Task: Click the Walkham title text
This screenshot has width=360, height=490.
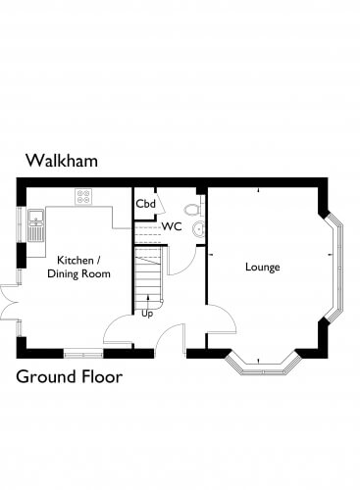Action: tap(62, 161)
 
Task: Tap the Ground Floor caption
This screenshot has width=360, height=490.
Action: tap(70, 376)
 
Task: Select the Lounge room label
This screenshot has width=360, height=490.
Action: tap(263, 267)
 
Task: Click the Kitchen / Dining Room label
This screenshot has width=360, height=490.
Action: tap(78, 267)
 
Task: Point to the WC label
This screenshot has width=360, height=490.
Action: tap(172, 226)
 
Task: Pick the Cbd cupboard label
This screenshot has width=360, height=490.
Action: tap(145, 204)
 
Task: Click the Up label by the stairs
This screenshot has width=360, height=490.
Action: tap(147, 314)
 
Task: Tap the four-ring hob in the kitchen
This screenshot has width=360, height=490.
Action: tap(83, 197)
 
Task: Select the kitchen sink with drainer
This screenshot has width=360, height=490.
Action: tap(35, 225)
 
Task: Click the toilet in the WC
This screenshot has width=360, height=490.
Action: tap(192, 210)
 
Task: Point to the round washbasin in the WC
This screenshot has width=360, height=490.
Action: tap(198, 229)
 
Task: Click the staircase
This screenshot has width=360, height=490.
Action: tap(149, 277)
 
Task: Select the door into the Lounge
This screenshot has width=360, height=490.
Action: tap(221, 319)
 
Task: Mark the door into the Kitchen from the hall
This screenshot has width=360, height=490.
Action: tap(119, 329)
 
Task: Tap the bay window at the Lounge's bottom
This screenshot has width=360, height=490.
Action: tap(263, 364)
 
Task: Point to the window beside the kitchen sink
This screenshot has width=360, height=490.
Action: tap(20, 224)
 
